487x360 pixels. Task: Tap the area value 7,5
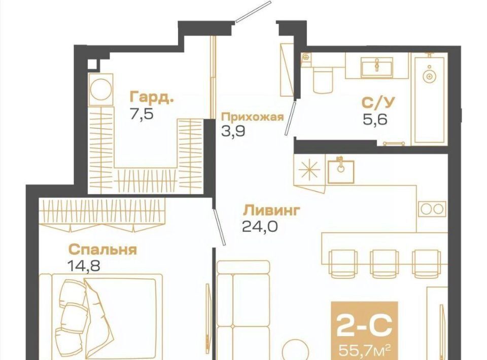point(142,114)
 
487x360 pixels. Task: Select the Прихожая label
point(252,117)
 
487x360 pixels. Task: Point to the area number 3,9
point(233,131)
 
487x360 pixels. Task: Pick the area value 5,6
point(375,119)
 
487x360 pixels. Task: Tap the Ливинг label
point(271,210)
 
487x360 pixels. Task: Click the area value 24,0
point(260,226)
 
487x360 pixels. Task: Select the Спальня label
point(102,249)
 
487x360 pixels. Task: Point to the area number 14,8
point(84,266)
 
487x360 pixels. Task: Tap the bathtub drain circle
point(430,76)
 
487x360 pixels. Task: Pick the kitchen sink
point(341,171)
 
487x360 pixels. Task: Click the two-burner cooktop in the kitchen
point(432,209)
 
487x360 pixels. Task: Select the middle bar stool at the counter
point(384,264)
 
